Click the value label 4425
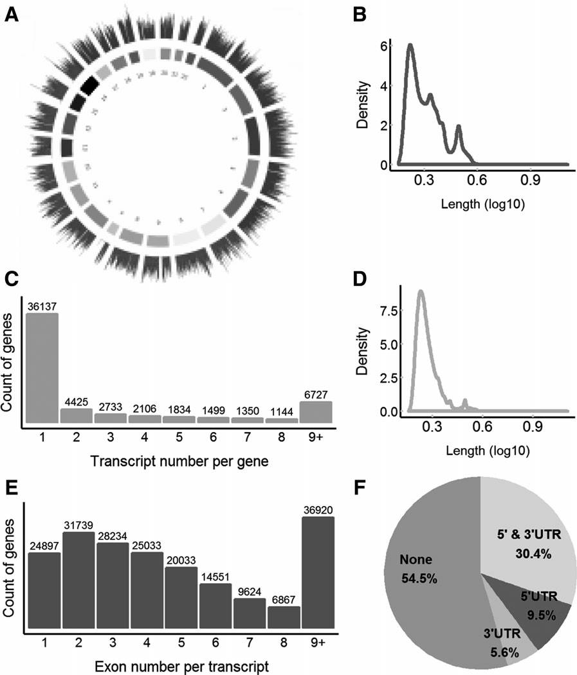coord(75,402)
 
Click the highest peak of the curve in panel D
coord(421,291)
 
